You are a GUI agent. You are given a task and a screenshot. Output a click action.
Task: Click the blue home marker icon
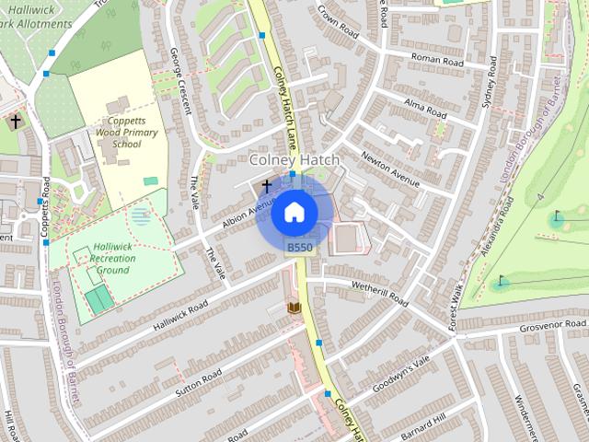(x=293, y=212)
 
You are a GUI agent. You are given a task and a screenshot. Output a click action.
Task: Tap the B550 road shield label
(x=299, y=248)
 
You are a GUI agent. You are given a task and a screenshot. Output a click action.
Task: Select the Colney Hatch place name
(x=294, y=160)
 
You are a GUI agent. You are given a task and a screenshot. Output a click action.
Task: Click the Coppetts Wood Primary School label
(x=134, y=133)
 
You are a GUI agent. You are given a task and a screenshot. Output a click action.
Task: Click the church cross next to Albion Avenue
(x=267, y=186)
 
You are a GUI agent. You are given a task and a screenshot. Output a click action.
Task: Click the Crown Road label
(x=336, y=17)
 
